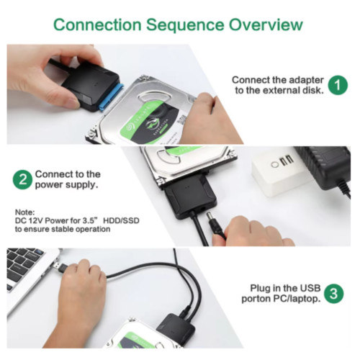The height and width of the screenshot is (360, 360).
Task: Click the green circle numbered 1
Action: pos(338,85)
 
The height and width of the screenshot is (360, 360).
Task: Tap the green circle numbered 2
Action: pos(22,179)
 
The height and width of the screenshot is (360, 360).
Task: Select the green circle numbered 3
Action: pos(333,293)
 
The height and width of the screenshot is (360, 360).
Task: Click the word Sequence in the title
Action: pos(185,25)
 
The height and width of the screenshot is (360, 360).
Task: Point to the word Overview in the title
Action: pos(266,24)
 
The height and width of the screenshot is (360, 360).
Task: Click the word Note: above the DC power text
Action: pos(25,212)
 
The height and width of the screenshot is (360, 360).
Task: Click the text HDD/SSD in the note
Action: pos(121,220)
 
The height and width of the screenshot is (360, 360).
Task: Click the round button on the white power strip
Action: pos(274,165)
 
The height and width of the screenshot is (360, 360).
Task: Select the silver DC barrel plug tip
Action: pos(210,217)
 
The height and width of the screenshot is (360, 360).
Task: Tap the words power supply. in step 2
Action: pos(66,185)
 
